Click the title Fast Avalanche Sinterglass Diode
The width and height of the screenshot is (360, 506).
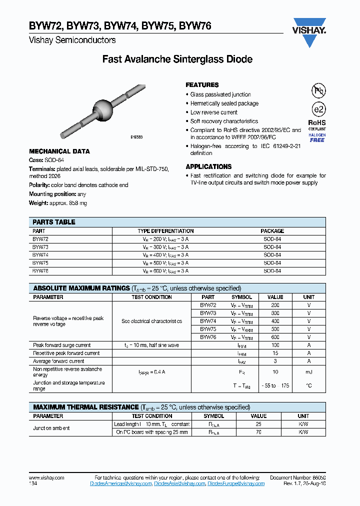tap(177, 59)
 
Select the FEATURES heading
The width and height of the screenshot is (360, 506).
tap(202, 85)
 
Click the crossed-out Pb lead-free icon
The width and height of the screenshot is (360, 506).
tap(318, 91)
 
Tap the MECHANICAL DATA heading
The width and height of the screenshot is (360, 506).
tap(59, 151)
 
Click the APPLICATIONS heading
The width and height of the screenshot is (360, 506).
tap(208, 166)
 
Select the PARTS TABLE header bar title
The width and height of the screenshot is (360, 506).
tap(54, 222)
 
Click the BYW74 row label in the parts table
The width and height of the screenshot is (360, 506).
tap(40, 254)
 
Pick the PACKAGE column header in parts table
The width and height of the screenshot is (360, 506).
tap(272, 231)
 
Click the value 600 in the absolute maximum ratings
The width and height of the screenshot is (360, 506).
tap(275, 337)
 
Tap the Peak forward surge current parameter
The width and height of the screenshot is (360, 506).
tap(62, 345)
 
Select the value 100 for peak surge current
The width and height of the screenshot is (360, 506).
tap(275, 345)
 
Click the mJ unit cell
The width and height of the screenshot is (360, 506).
tap(309, 372)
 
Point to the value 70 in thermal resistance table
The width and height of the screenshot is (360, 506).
tap(258, 432)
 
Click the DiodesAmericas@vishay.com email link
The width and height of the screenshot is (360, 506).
tap(121, 484)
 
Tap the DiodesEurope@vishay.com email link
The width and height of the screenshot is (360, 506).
tap(236, 484)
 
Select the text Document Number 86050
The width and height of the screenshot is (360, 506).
tap(297, 478)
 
